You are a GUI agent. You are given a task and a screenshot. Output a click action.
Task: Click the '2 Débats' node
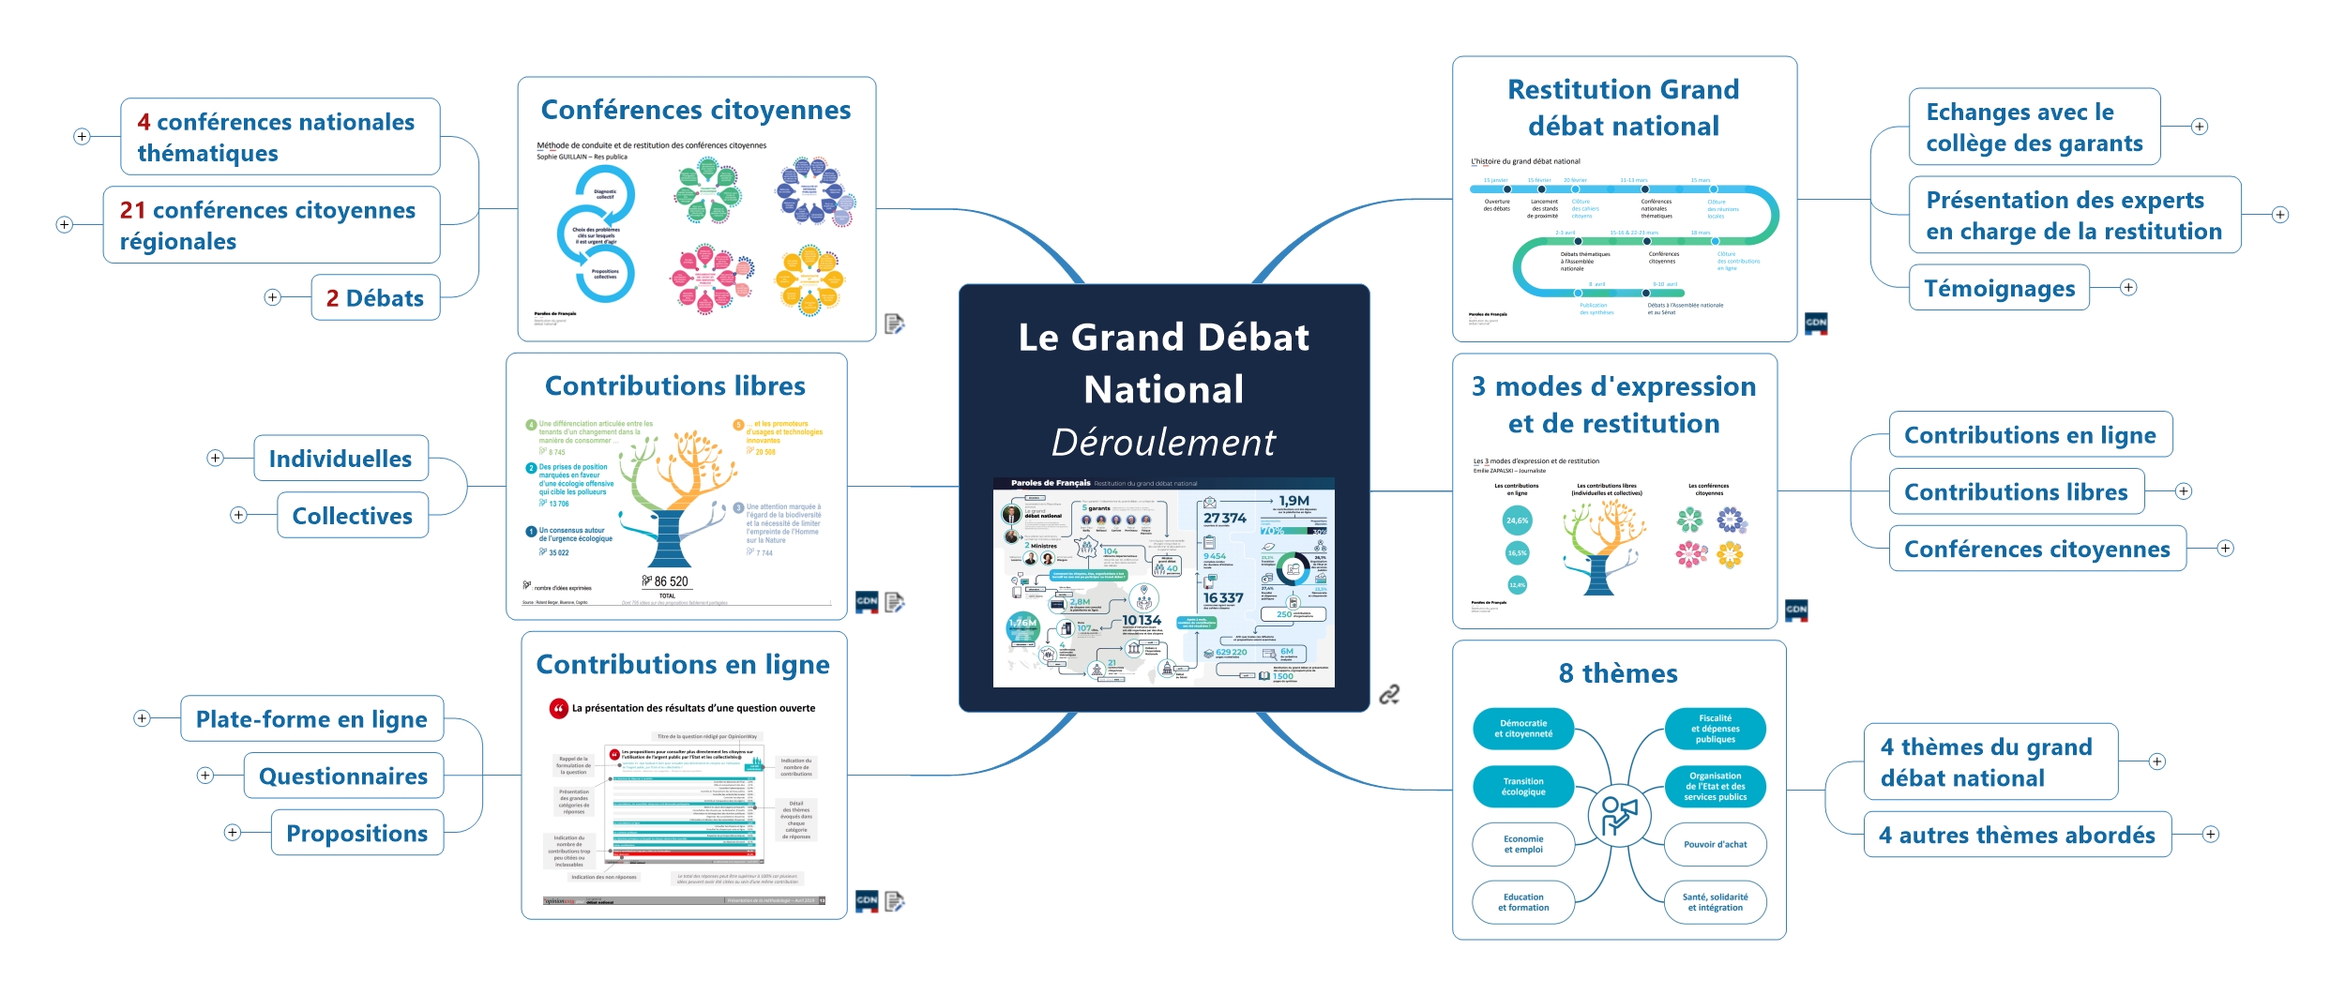click(x=375, y=298)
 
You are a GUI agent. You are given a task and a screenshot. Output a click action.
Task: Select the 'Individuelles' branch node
click(x=340, y=459)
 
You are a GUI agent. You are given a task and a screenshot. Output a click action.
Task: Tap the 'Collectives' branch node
click(x=353, y=516)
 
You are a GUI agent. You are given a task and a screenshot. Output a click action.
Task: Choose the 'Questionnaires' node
click(x=343, y=776)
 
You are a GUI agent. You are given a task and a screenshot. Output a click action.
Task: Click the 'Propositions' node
click(x=357, y=834)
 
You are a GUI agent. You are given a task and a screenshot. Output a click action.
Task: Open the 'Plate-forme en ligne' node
click(x=311, y=719)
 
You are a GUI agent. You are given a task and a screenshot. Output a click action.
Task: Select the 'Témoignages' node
click(x=1999, y=288)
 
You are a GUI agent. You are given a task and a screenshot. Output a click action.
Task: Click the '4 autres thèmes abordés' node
click(x=2017, y=835)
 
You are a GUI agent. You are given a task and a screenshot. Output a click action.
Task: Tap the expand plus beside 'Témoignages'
click(x=2129, y=288)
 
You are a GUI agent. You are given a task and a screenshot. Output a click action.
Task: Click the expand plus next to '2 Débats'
click(x=272, y=297)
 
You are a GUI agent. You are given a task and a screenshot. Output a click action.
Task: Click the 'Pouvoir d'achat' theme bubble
click(x=1715, y=844)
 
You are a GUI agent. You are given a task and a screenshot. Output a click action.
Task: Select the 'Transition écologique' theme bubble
click(x=1522, y=787)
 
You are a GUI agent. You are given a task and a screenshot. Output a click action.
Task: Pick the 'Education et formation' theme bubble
click(x=1522, y=902)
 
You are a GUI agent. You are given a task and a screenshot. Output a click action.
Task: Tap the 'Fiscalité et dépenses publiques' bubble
click(x=1715, y=729)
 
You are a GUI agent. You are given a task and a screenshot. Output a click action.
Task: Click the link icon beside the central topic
click(x=1389, y=694)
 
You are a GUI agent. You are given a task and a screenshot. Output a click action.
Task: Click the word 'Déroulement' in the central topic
click(x=1163, y=442)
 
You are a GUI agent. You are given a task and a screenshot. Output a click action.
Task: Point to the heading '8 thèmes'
click(x=1618, y=673)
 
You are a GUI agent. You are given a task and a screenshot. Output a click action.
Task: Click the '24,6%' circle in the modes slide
click(x=1517, y=520)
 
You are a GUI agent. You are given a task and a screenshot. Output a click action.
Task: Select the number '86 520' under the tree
click(x=671, y=581)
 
